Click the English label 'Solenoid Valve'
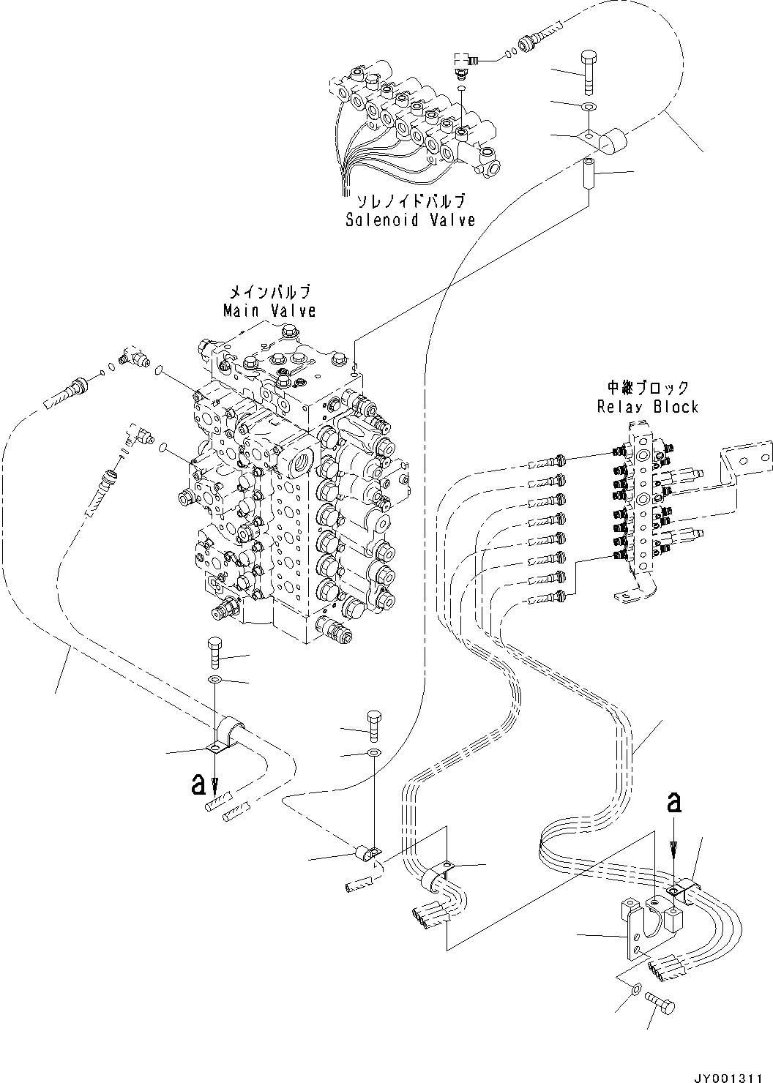(410, 220)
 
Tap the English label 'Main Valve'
(269, 311)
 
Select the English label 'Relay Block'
(647, 407)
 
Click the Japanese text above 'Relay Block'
(647, 388)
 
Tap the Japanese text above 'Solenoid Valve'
(410, 201)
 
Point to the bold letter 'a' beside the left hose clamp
(198, 785)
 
